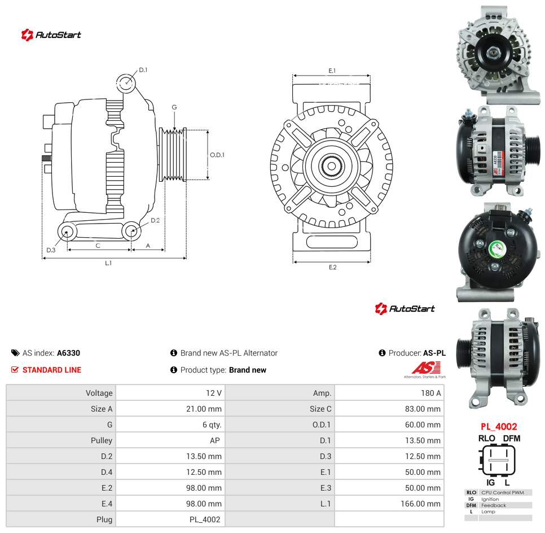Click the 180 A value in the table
pyautogui.click(x=430, y=393)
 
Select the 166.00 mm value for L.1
pyautogui.click(x=420, y=504)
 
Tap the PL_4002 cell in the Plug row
pyautogui.click(x=205, y=519)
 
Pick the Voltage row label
pyautogui.click(x=99, y=393)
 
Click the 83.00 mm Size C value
pyautogui.click(x=423, y=409)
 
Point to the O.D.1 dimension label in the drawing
pyautogui.click(x=217, y=155)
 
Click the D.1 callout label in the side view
pyautogui.click(x=143, y=70)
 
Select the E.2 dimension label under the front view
pyautogui.click(x=333, y=267)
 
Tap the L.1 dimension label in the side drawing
pyautogui.click(x=108, y=263)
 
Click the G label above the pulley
pyautogui.click(x=174, y=107)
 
